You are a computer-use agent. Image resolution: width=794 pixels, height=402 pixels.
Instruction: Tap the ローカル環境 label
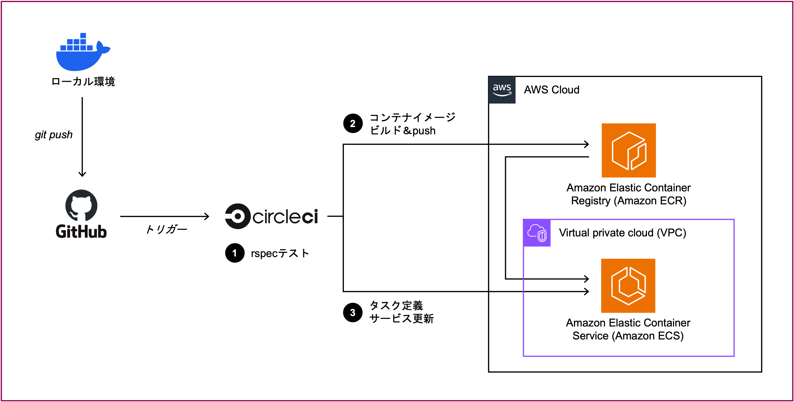click(x=83, y=82)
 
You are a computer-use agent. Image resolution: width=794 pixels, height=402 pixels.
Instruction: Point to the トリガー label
click(x=166, y=229)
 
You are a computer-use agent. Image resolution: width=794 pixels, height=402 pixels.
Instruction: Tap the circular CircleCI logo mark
click(x=237, y=216)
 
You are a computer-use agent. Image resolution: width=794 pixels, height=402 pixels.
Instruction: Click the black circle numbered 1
click(x=235, y=253)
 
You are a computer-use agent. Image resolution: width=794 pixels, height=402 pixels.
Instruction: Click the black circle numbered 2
click(x=353, y=124)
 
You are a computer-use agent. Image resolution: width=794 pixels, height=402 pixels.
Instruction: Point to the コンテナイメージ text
click(x=412, y=117)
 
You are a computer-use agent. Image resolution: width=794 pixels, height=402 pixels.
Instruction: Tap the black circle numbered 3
click(x=353, y=313)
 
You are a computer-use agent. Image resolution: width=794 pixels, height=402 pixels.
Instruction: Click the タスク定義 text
click(x=396, y=305)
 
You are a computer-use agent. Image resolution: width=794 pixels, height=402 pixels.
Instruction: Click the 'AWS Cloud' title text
click(x=552, y=89)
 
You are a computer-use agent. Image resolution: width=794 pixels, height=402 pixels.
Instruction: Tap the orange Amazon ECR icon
click(x=629, y=150)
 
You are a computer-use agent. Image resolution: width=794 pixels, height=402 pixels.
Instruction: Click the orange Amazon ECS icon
click(x=628, y=286)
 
